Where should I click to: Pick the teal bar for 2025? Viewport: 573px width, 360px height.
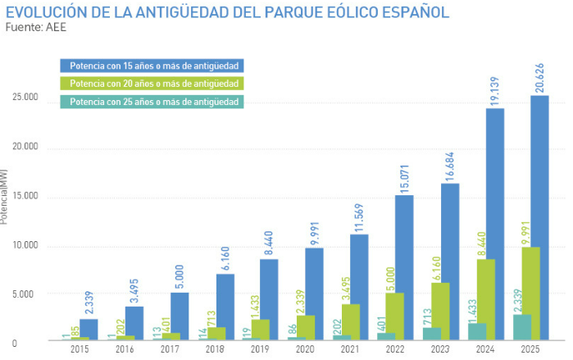521,327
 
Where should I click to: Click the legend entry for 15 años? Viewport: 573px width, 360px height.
152,66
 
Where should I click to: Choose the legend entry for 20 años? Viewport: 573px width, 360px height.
152,84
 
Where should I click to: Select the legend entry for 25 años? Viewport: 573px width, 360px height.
152,102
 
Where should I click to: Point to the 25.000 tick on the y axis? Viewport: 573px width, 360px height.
25,98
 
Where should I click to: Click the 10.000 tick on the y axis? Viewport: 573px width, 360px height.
25,245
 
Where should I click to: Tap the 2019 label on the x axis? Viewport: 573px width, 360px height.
261,349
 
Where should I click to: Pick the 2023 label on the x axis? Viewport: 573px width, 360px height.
441,349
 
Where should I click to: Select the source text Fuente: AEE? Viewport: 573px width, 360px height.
36,27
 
